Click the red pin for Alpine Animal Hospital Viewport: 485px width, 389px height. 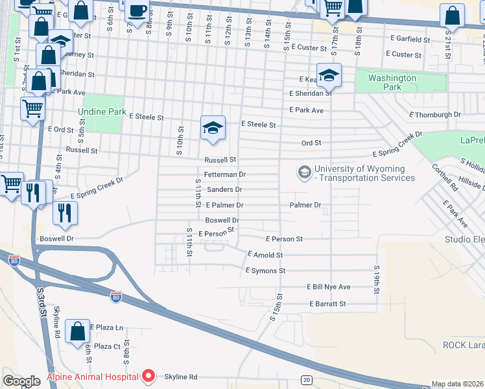(x=148, y=376)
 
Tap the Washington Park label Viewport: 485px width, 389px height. (x=392, y=82)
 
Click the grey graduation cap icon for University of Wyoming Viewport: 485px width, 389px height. (x=303, y=172)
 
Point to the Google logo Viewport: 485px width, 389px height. (x=21, y=381)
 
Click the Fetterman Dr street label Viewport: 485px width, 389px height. (x=225, y=174)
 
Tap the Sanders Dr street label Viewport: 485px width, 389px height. (x=224, y=189)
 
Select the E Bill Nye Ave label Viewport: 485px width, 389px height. (x=328, y=287)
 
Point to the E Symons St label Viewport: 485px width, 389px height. (x=265, y=270)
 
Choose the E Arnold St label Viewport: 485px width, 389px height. (x=265, y=255)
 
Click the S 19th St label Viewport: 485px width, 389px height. (x=376, y=279)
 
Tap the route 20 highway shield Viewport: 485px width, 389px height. (x=305, y=379)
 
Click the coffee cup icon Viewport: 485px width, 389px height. (x=137, y=11)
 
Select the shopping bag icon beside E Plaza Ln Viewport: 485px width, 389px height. (x=77, y=331)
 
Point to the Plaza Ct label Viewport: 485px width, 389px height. (x=107, y=346)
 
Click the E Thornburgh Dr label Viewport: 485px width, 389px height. (x=434, y=115)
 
